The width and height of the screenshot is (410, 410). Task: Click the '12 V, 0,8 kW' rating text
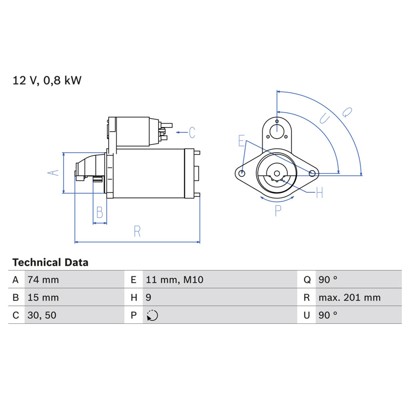(47, 80)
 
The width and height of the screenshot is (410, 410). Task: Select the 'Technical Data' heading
(50, 262)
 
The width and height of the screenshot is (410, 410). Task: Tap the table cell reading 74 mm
(43, 280)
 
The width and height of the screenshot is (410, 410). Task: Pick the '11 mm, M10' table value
(174, 280)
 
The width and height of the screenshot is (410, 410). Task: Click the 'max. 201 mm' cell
(350, 298)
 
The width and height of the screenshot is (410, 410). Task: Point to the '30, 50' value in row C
(42, 315)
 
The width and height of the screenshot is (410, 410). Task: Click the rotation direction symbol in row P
(152, 315)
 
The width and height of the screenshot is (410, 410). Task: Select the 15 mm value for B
(43, 298)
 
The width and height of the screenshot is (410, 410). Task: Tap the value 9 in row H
(148, 298)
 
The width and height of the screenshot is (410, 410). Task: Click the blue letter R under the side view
(137, 232)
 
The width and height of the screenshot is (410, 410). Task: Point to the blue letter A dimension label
(53, 173)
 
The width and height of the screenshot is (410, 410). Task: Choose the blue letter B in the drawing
(99, 212)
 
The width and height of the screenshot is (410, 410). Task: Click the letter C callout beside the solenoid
(192, 133)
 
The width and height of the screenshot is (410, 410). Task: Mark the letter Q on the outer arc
(347, 112)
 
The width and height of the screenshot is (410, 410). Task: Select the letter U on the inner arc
(324, 119)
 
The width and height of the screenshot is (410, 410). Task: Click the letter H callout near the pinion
(319, 193)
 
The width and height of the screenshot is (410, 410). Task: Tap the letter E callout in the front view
(241, 140)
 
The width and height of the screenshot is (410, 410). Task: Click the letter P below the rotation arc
(278, 211)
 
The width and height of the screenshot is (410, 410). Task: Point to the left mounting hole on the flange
(242, 173)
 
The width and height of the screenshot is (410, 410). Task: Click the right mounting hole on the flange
(312, 173)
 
